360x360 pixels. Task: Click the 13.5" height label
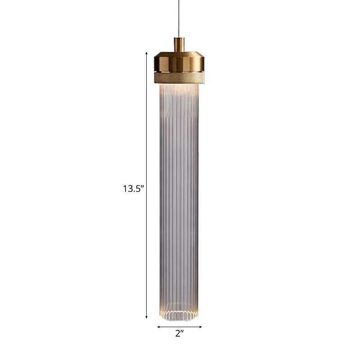133,189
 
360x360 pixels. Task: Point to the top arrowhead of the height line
146,54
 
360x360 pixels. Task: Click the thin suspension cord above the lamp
180,18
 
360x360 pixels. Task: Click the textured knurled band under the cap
180,78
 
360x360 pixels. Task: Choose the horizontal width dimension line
180,327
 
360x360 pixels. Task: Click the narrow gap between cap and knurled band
180,72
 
